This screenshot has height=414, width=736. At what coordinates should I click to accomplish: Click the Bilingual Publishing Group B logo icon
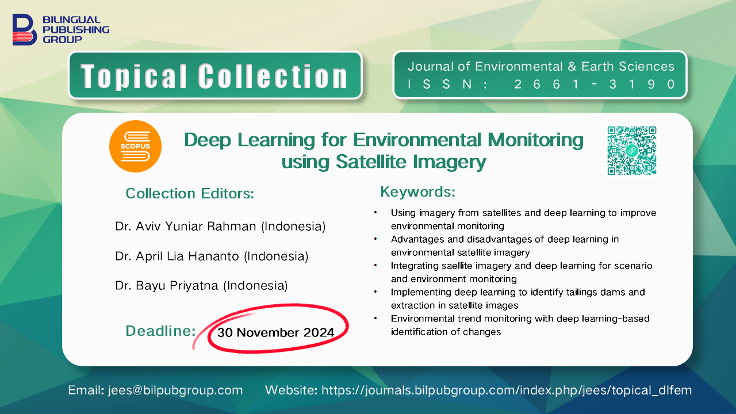click(x=25, y=29)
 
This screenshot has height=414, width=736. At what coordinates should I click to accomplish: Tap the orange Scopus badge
click(x=135, y=146)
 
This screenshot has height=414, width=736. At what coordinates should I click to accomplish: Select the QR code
click(x=631, y=151)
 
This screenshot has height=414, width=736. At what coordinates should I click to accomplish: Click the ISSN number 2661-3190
click(x=595, y=85)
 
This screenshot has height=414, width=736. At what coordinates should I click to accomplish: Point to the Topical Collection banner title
click(x=214, y=76)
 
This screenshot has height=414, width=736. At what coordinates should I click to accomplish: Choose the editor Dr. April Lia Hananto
click(x=177, y=256)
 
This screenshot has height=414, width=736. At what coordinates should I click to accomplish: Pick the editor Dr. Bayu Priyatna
click(x=167, y=286)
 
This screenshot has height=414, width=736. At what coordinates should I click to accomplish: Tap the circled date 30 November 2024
click(x=275, y=332)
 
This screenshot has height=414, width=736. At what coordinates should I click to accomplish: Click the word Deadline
click(x=160, y=331)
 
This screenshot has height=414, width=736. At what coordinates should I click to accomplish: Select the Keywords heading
click(x=418, y=192)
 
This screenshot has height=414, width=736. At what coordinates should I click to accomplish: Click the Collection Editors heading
click(x=190, y=194)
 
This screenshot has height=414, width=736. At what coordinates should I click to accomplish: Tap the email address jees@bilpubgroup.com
click(x=175, y=390)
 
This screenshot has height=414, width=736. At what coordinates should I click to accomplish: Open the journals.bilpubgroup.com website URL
click(x=507, y=390)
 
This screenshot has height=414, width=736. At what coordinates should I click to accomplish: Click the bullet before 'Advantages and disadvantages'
click(x=375, y=239)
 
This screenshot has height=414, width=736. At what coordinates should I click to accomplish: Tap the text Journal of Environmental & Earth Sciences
click(x=541, y=66)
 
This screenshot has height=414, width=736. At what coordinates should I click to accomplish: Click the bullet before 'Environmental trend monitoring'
click(x=375, y=318)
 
